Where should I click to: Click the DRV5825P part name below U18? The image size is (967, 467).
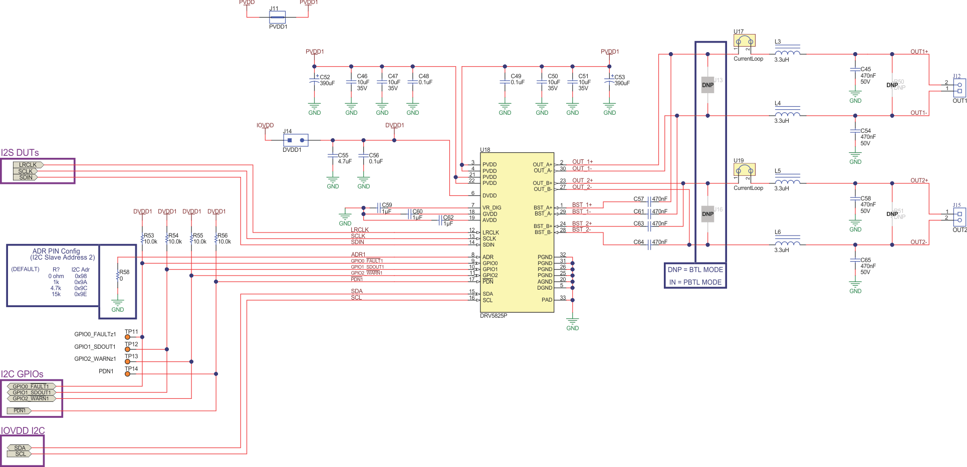(x=494, y=316)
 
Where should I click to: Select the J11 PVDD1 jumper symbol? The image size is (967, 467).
(x=277, y=18)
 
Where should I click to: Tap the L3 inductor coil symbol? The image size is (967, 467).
(x=787, y=52)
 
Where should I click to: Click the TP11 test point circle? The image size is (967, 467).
(x=127, y=337)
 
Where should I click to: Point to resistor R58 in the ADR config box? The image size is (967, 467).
(x=118, y=276)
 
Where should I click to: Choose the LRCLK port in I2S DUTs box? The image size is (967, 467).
(x=28, y=165)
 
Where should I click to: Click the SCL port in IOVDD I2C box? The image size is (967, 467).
(x=20, y=454)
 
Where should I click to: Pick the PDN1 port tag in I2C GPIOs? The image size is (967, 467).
(x=20, y=411)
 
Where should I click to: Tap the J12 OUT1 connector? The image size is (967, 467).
(x=959, y=88)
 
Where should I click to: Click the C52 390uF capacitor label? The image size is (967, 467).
(x=326, y=80)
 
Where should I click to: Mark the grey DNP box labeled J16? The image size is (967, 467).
(x=707, y=214)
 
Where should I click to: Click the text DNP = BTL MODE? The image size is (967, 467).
(x=695, y=270)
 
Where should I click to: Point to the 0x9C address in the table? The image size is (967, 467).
(x=81, y=288)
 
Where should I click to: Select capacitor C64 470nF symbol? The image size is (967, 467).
(x=649, y=244)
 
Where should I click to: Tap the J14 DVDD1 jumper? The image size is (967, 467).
(x=296, y=140)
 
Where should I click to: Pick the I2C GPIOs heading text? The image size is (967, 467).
(x=22, y=374)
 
